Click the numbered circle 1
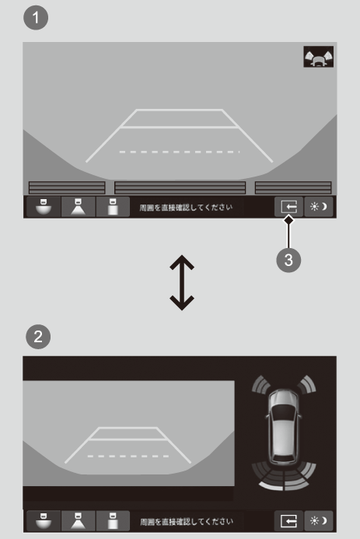point(36,18)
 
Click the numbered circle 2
point(38,337)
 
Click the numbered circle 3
point(288,261)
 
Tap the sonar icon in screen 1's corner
point(319,57)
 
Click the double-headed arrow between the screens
point(182,282)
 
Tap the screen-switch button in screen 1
point(289,207)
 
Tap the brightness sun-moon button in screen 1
point(319,207)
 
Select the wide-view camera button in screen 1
point(44,207)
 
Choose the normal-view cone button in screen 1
point(78,207)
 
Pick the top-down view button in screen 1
point(113,207)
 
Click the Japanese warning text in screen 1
point(186,208)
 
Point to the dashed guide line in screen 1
point(180,152)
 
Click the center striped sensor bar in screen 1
point(180,188)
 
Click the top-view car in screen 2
point(283,427)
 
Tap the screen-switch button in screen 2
point(289,521)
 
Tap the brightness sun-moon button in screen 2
point(319,521)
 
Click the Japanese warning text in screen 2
point(187,521)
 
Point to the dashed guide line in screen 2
point(128,456)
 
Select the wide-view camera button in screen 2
point(44,521)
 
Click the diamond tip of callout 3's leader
point(288,219)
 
